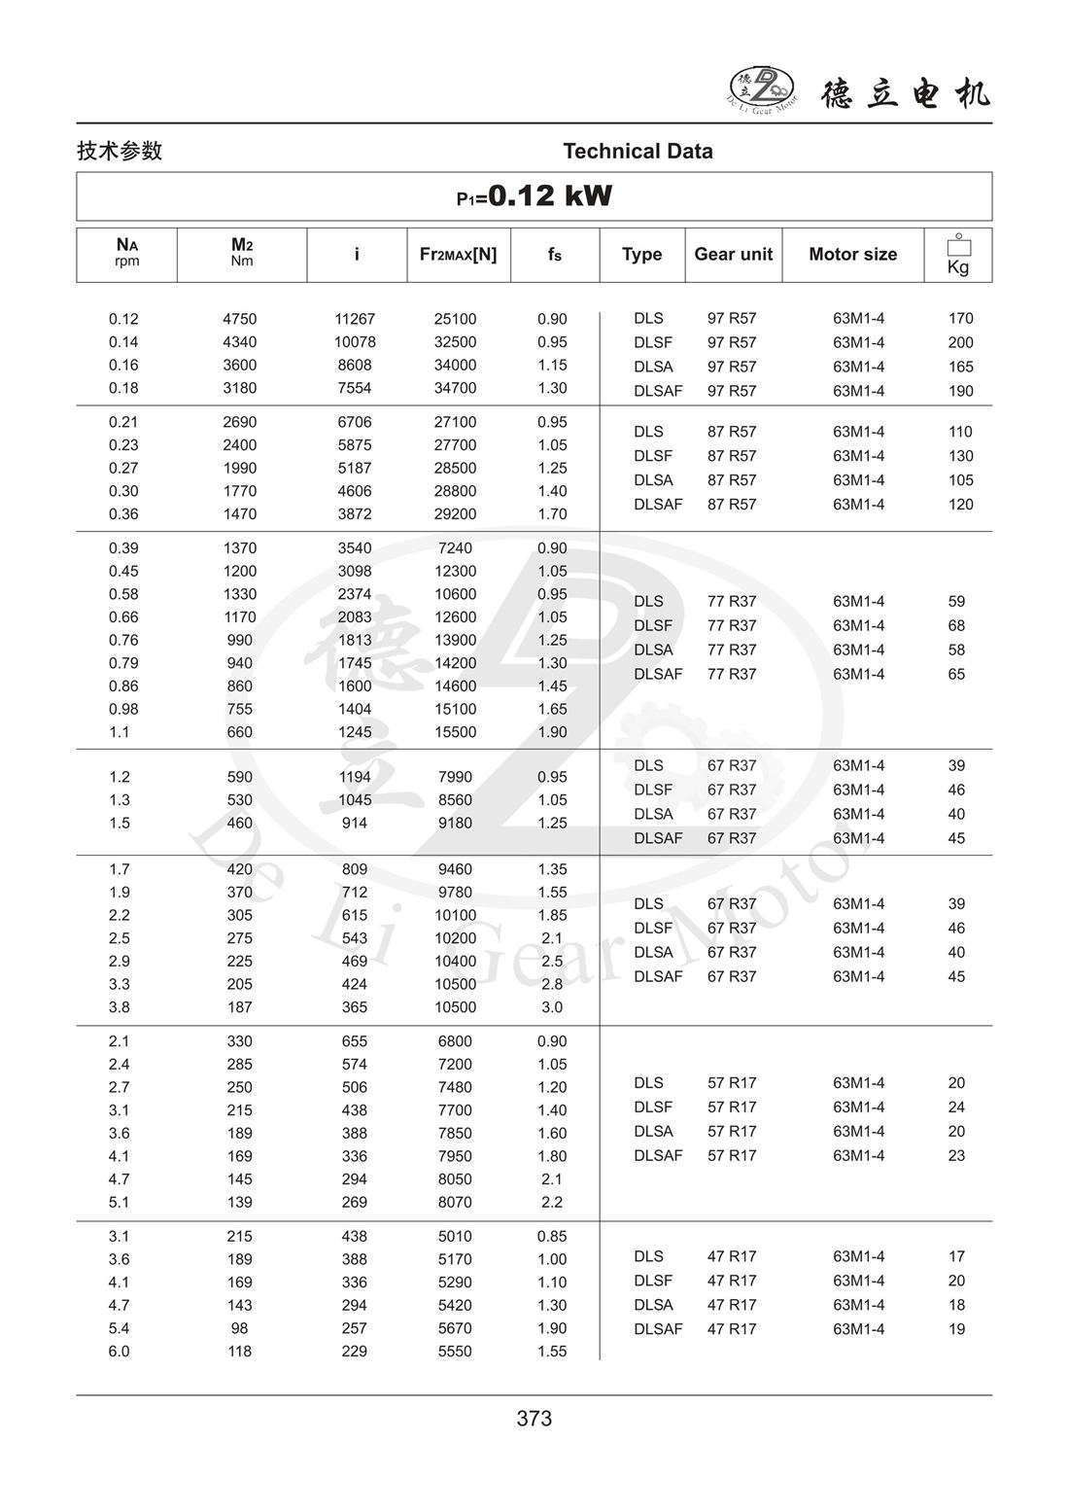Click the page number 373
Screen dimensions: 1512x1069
pyautogui.click(x=534, y=1419)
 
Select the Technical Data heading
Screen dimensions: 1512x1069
pyautogui.click(x=638, y=151)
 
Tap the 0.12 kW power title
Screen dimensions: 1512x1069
pyautogui.click(x=534, y=196)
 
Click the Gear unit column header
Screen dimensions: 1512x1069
pyautogui.click(x=733, y=254)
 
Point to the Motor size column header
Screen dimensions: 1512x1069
pyautogui.click(x=852, y=254)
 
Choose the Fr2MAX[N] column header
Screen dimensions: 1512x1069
pyautogui.click(x=458, y=254)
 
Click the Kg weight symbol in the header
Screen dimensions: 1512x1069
pyautogui.click(x=958, y=256)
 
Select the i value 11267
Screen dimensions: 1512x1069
pyautogui.click(x=355, y=319)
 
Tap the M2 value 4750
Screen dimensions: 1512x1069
pyautogui.click(x=240, y=319)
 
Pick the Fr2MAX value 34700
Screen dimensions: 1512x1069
pyautogui.click(x=455, y=388)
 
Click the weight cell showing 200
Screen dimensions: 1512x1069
pyautogui.click(x=960, y=342)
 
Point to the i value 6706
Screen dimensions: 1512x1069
pyautogui.click(x=355, y=422)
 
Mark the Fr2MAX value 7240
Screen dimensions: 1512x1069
pyautogui.click(x=455, y=548)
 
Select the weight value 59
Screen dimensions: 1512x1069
pyautogui.click(x=956, y=601)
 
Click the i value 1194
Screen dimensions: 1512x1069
pyautogui.click(x=355, y=777)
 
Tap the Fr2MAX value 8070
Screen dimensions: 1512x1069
pyautogui.click(x=455, y=1202)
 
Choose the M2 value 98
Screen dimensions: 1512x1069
pyautogui.click(x=240, y=1328)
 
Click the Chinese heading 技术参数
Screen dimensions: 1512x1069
pyautogui.click(x=120, y=151)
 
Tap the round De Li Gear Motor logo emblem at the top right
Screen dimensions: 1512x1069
pyautogui.click(x=762, y=88)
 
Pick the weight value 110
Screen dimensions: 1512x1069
pyautogui.click(x=960, y=432)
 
